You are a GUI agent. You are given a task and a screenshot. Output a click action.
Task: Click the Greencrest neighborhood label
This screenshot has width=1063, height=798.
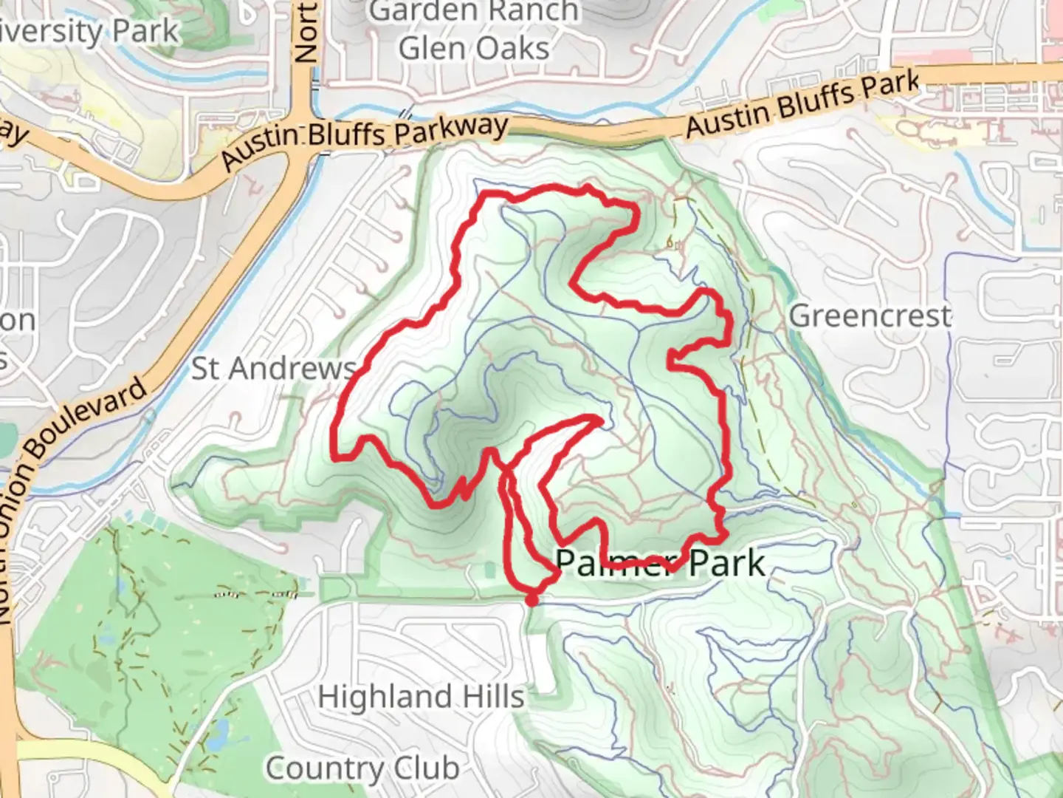click(x=870, y=316)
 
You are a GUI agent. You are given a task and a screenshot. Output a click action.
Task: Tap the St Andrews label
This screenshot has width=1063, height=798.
click(x=274, y=368)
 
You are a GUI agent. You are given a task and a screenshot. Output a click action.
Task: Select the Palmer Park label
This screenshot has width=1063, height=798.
click(x=659, y=564)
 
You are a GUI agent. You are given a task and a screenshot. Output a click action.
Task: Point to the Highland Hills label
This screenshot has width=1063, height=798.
click(x=421, y=697)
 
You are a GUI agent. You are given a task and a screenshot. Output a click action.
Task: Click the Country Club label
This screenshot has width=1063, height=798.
click(x=362, y=768)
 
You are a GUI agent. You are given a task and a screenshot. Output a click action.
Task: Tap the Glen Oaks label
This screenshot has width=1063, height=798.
click(x=474, y=49)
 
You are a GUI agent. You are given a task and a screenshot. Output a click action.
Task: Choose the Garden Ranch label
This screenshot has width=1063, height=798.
click(x=474, y=12)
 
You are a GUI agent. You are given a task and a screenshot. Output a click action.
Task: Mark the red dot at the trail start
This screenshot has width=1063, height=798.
click(x=531, y=600)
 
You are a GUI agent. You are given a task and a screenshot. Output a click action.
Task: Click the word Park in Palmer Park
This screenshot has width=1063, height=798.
click(x=726, y=564)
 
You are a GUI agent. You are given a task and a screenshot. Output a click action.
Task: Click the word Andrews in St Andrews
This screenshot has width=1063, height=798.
click(x=293, y=368)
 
